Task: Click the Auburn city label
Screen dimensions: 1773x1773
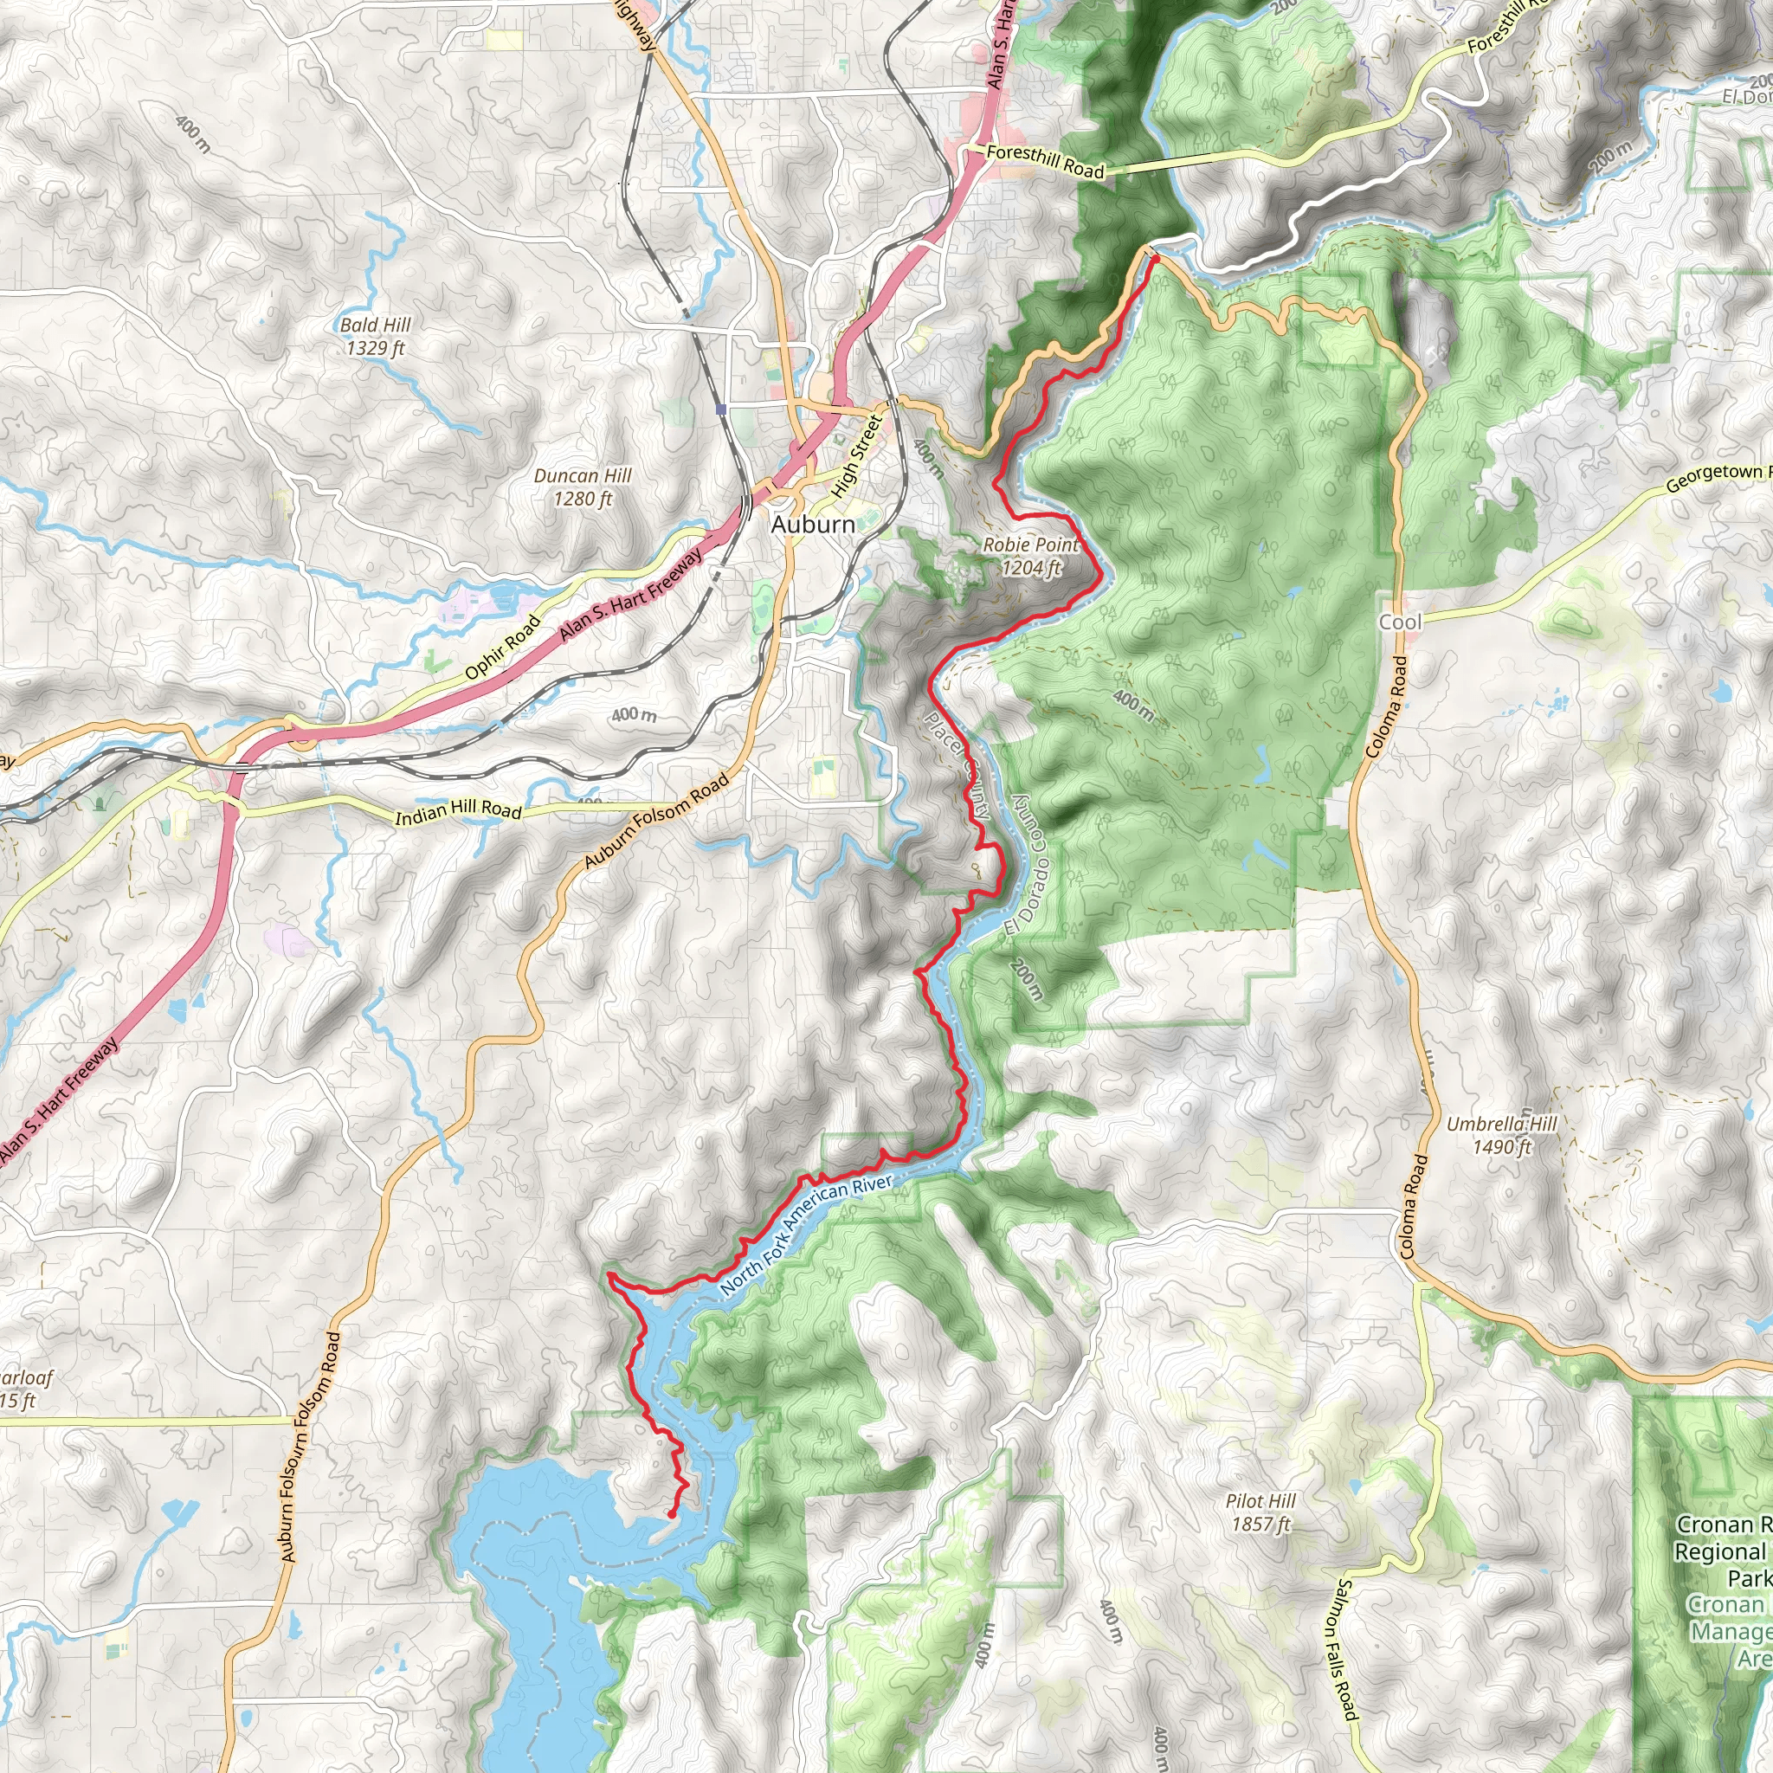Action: (812, 524)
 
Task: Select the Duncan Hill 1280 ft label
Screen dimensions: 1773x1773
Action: (583, 487)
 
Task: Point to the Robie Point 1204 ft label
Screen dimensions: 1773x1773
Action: (1030, 556)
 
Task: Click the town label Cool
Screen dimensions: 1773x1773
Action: (1400, 622)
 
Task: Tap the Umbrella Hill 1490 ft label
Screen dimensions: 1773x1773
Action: (1501, 1135)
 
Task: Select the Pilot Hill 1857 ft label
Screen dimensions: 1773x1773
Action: (1260, 1512)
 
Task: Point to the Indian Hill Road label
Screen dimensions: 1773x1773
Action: (458, 810)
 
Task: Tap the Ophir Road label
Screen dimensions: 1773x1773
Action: (502, 647)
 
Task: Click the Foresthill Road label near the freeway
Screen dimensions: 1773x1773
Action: (1044, 161)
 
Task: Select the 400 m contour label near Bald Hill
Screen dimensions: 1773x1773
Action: (192, 134)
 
